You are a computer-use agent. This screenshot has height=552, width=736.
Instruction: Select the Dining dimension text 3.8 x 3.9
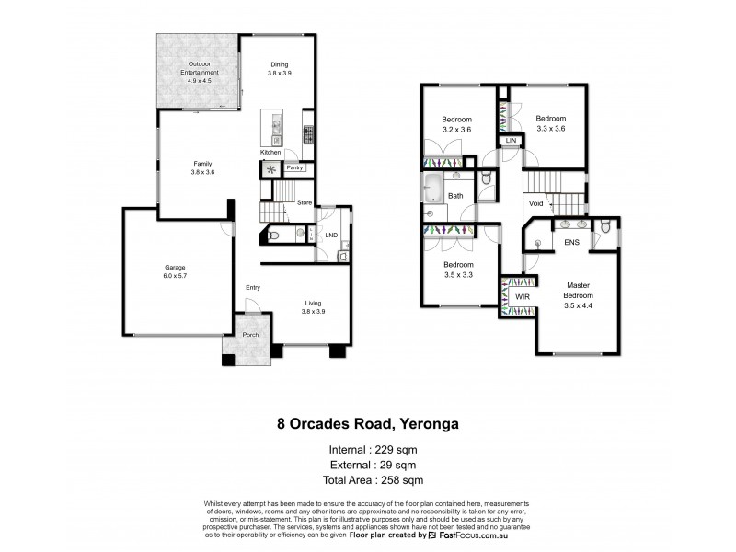(279, 72)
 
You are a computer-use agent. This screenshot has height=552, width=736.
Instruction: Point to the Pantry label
(294, 167)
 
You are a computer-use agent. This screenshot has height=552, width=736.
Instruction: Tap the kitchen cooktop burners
(307, 135)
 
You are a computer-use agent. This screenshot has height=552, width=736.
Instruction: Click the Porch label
(250, 334)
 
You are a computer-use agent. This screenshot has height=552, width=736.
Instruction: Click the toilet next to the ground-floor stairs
(276, 236)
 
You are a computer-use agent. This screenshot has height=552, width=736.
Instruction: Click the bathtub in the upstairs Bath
(432, 190)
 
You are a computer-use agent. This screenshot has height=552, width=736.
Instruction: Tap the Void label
(535, 204)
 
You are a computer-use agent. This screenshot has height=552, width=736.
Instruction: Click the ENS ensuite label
(570, 242)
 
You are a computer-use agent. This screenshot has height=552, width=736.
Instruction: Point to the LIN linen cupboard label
(510, 140)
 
